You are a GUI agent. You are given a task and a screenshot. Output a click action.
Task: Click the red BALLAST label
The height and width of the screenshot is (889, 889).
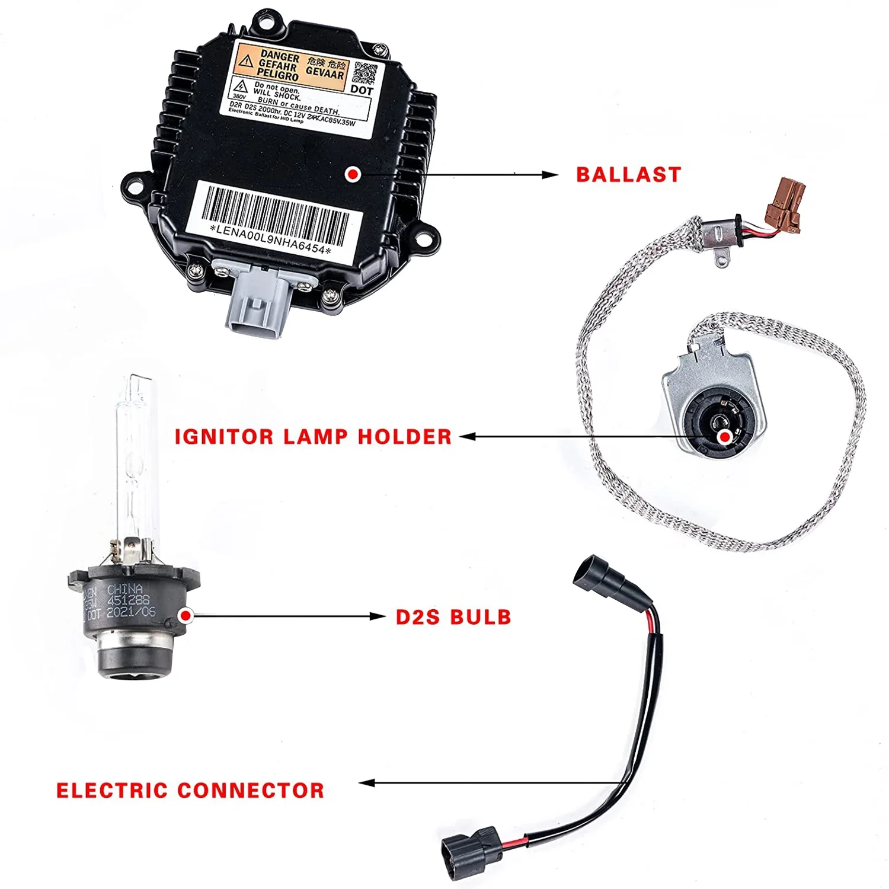click(x=628, y=175)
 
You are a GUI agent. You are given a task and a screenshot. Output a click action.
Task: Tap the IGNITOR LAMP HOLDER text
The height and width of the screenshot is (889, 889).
click(x=313, y=437)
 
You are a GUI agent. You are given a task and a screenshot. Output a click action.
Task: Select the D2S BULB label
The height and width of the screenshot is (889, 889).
click(x=453, y=617)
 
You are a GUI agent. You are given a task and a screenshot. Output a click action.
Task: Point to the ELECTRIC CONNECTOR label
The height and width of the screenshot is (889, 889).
click(x=190, y=790)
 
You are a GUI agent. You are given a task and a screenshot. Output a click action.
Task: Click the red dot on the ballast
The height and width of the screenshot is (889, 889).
click(x=353, y=174)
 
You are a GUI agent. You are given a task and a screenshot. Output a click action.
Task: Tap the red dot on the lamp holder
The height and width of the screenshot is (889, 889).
click(x=724, y=437)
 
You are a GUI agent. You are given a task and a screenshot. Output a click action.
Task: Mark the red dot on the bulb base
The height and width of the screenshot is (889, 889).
click(x=186, y=616)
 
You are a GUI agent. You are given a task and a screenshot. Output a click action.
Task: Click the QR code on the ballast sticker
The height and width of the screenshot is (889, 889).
click(x=365, y=73)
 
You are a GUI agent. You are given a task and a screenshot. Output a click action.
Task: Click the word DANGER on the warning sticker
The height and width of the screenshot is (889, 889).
click(x=280, y=57)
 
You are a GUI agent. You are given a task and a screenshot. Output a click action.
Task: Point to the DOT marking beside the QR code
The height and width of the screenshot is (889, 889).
click(x=362, y=91)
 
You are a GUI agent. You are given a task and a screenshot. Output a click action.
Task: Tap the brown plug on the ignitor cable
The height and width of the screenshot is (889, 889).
click(x=785, y=205)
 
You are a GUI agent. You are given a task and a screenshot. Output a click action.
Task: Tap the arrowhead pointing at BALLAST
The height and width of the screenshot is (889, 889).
click(x=550, y=175)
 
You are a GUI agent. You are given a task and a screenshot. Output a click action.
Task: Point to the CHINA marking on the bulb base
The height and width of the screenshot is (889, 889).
click(x=125, y=589)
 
